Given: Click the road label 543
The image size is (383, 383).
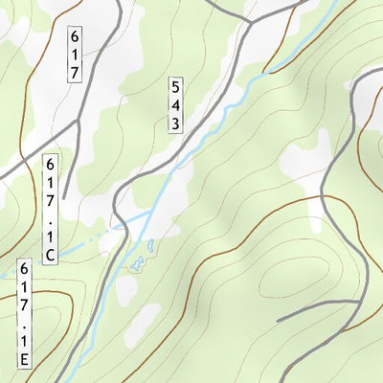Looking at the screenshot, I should point(176,103).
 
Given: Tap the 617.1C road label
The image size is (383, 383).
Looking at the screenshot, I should point(51,210).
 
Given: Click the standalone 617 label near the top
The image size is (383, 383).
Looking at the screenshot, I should point(75,55).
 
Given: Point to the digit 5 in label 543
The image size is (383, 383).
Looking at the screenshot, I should point(176,86).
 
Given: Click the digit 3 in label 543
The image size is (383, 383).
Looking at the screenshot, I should point(176,123).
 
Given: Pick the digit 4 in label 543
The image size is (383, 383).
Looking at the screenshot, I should point(176,104).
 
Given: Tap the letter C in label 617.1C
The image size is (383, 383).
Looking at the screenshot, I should point(51,254).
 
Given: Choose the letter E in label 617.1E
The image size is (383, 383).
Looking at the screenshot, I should point(25,360).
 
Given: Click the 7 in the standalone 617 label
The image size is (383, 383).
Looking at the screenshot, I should point(75,73).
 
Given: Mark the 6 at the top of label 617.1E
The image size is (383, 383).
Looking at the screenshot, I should point(25,271).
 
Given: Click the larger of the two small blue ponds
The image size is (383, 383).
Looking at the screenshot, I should point(138,261).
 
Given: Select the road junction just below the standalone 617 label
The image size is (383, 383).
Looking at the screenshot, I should point(77,122).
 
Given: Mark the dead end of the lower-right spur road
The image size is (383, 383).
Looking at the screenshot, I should point(279,320).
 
